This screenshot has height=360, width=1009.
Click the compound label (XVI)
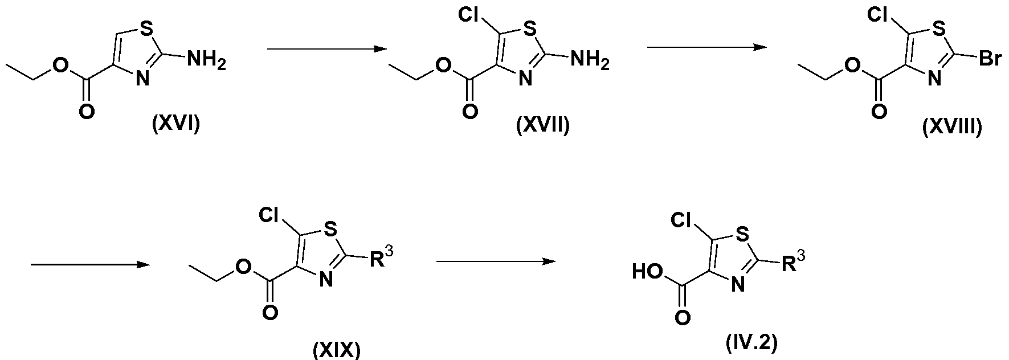[176, 124]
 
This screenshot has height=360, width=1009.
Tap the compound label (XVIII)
[952, 126]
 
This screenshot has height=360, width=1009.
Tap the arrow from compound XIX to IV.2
[496, 261]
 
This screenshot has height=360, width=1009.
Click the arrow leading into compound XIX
[89, 265]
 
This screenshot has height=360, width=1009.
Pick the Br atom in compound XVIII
[990, 60]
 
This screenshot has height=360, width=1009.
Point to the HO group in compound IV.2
[647, 272]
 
